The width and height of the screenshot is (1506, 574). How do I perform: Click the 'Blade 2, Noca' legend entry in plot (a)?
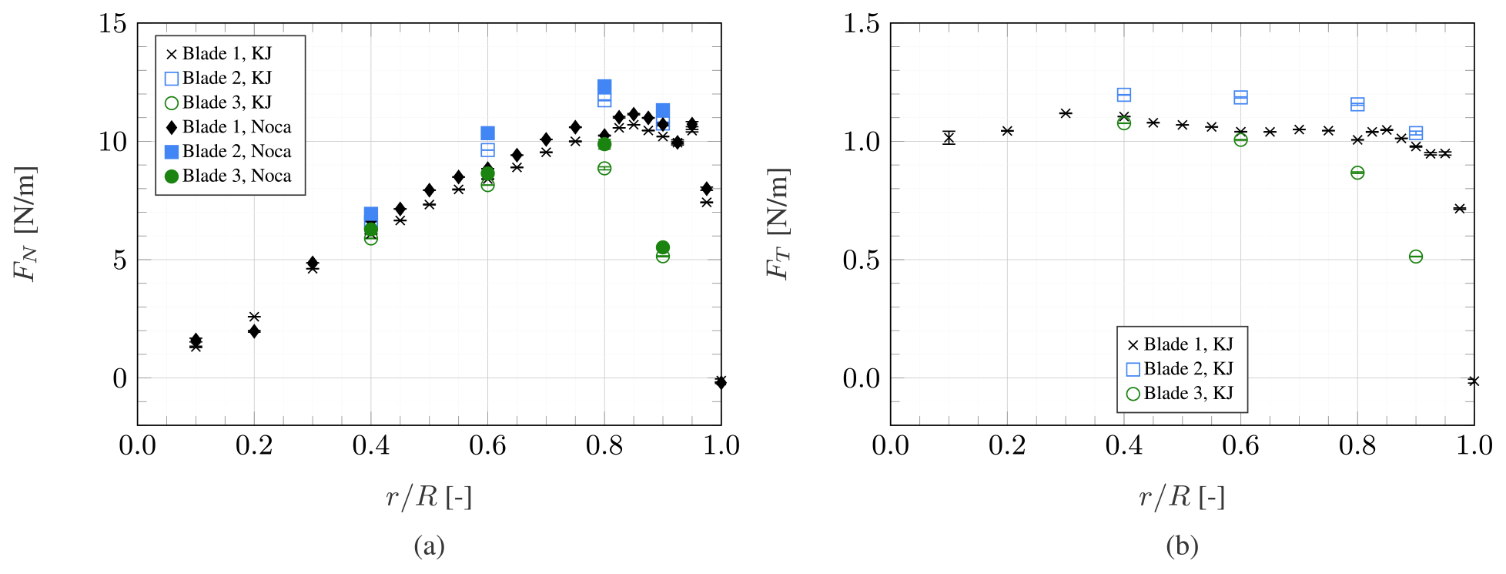pyautogui.click(x=229, y=152)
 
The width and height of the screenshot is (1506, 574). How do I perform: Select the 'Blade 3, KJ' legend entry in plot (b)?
pyautogui.click(x=1181, y=394)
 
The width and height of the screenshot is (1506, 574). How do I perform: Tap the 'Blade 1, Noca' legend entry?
pyautogui.click(x=229, y=127)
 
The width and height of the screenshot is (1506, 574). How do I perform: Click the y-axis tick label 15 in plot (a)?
pyautogui.click(x=112, y=23)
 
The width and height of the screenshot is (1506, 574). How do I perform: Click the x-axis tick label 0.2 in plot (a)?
pyautogui.click(x=254, y=445)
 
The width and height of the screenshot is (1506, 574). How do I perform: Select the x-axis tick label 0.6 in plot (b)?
pyautogui.click(x=1240, y=445)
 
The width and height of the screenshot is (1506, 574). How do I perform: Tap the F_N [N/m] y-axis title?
pyautogui.click(x=26, y=223)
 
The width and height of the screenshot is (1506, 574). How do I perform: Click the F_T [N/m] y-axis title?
pyautogui.click(x=778, y=223)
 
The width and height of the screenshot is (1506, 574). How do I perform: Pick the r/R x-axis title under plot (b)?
pyautogui.click(x=1182, y=497)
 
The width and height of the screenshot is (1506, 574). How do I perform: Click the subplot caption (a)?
pyautogui.click(x=429, y=546)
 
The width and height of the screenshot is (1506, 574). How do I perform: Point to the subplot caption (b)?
pyautogui.click(x=1182, y=546)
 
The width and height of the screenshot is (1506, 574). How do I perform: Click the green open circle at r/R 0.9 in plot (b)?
pyautogui.click(x=1415, y=257)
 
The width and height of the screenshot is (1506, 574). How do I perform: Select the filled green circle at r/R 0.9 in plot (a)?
pyautogui.click(x=663, y=247)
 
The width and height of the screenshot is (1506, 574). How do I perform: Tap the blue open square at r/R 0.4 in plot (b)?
pyautogui.click(x=1124, y=95)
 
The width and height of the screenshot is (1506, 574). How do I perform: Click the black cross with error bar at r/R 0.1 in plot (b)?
pyautogui.click(x=949, y=138)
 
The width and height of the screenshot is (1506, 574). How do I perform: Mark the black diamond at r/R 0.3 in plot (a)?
pyautogui.click(x=313, y=263)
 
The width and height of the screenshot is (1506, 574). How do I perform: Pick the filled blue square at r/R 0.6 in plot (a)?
pyautogui.click(x=487, y=133)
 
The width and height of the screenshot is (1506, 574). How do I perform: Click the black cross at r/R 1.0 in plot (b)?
pyautogui.click(x=1473, y=381)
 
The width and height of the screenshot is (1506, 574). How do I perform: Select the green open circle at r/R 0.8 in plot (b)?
pyautogui.click(x=1357, y=173)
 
